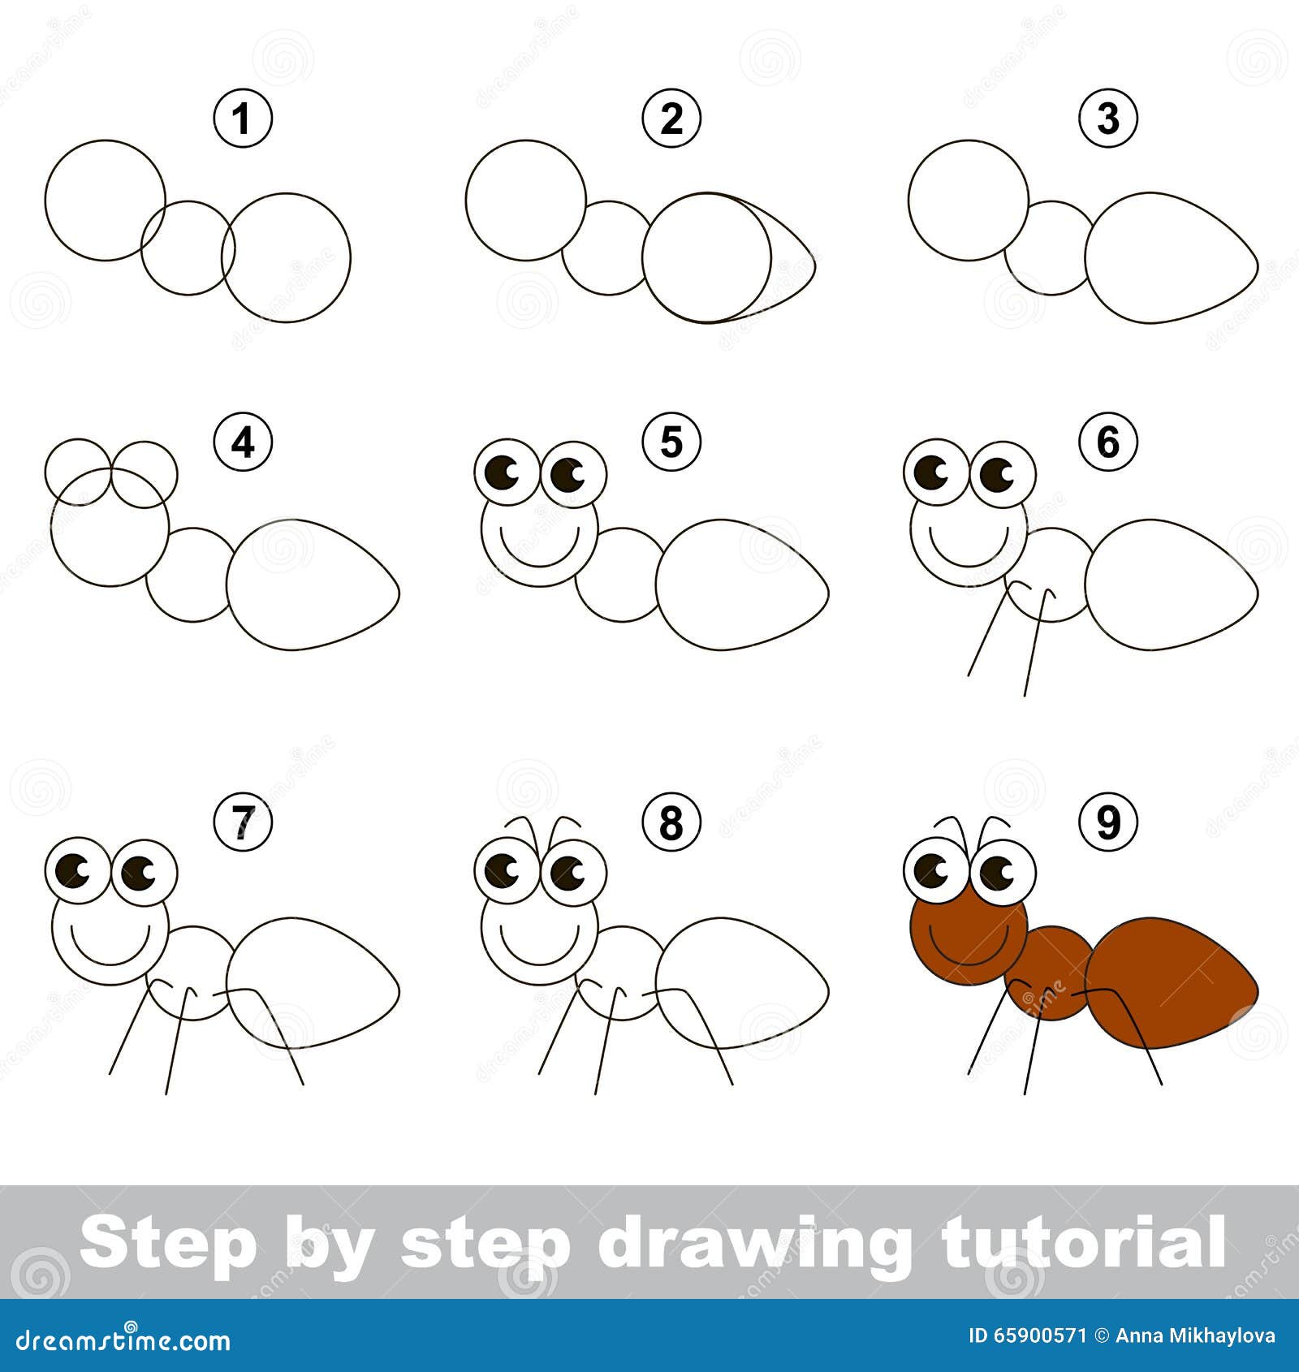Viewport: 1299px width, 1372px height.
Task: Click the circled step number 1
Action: pyautogui.click(x=242, y=119)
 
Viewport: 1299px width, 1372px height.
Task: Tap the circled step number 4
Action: pyautogui.click(x=242, y=443)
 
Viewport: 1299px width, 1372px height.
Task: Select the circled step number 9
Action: pyautogui.click(x=1108, y=823)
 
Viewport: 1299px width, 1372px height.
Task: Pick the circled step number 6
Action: pyautogui.click(x=1108, y=443)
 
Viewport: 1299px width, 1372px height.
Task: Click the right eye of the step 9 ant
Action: pyautogui.click(x=1003, y=872)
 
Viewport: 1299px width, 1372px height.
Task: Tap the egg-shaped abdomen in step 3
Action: pyautogui.click(x=1172, y=257)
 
